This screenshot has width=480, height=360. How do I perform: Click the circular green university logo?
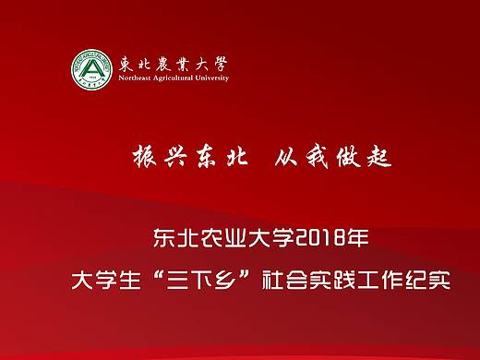[92, 69]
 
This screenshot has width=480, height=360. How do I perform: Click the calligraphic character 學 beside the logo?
[219, 65]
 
